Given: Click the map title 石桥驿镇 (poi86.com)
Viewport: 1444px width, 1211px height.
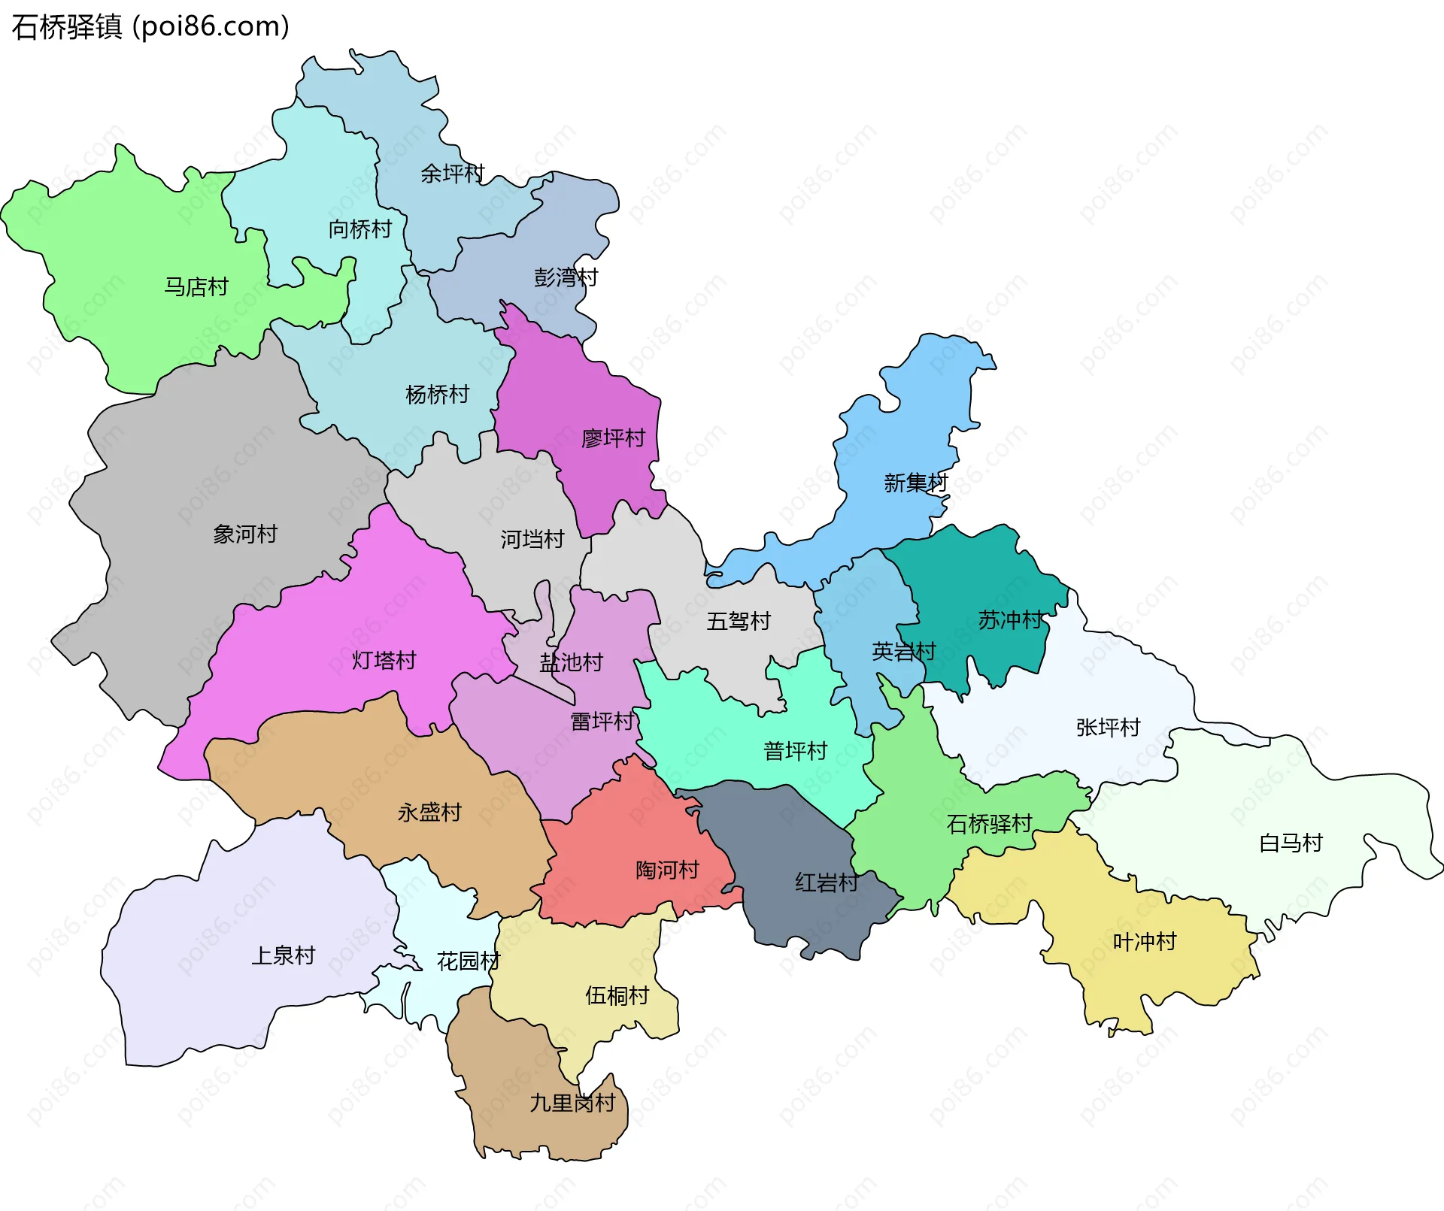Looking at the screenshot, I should [x=150, y=27].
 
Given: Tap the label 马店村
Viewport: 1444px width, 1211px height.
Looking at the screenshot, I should [x=196, y=286].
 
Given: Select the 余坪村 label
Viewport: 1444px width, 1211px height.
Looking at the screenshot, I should [x=452, y=174].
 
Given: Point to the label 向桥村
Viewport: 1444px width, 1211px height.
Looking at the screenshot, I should [x=359, y=229].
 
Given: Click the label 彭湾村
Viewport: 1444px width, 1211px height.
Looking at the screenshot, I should [x=566, y=277].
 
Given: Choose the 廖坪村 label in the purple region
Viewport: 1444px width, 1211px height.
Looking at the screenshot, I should [x=613, y=437].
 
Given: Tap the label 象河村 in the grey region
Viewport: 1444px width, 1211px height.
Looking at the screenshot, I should [x=245, y=534].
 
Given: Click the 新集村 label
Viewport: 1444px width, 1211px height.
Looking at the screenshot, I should [x=915, y=483].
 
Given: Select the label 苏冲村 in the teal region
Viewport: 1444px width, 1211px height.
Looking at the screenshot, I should [x=1010, y=620].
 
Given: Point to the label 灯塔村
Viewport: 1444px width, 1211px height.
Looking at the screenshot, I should [x=384, y=660].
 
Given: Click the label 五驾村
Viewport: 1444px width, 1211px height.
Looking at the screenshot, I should [x=739, y=621].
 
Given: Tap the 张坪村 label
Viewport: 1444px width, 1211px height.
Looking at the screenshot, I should [x=1108, y=727].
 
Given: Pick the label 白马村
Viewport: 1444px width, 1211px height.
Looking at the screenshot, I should [x=1291, y=843].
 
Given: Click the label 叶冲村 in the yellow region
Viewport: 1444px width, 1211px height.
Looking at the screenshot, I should [x=1144, y=941].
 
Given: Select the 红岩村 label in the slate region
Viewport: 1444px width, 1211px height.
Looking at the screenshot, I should [x=827, y=883].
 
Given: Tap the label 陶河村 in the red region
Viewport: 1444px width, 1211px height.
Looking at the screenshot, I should [x=667, y=870].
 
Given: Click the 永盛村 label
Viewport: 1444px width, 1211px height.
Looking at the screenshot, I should [x=429, y=812].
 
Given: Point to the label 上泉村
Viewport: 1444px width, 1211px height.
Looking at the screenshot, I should [x=283, y=955].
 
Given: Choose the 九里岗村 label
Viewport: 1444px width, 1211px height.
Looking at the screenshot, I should [x=572, y=1103].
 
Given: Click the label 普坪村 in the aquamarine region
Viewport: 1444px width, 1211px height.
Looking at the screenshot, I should [x=795, y=750].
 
